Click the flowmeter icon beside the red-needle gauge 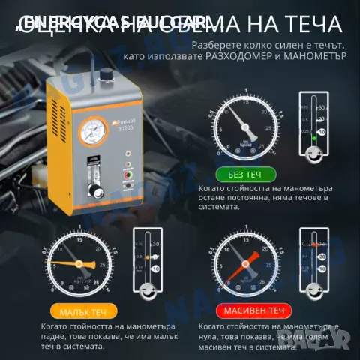tap(316, 262)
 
